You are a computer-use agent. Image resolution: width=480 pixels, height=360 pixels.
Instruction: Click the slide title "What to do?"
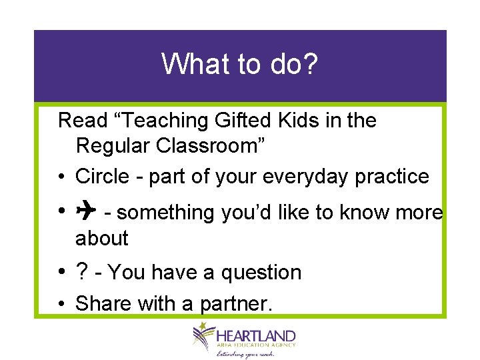coord(240,65)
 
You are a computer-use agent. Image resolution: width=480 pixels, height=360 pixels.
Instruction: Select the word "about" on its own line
coord(101,238)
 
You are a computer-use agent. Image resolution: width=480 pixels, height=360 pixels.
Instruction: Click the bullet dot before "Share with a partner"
coord(61,305)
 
